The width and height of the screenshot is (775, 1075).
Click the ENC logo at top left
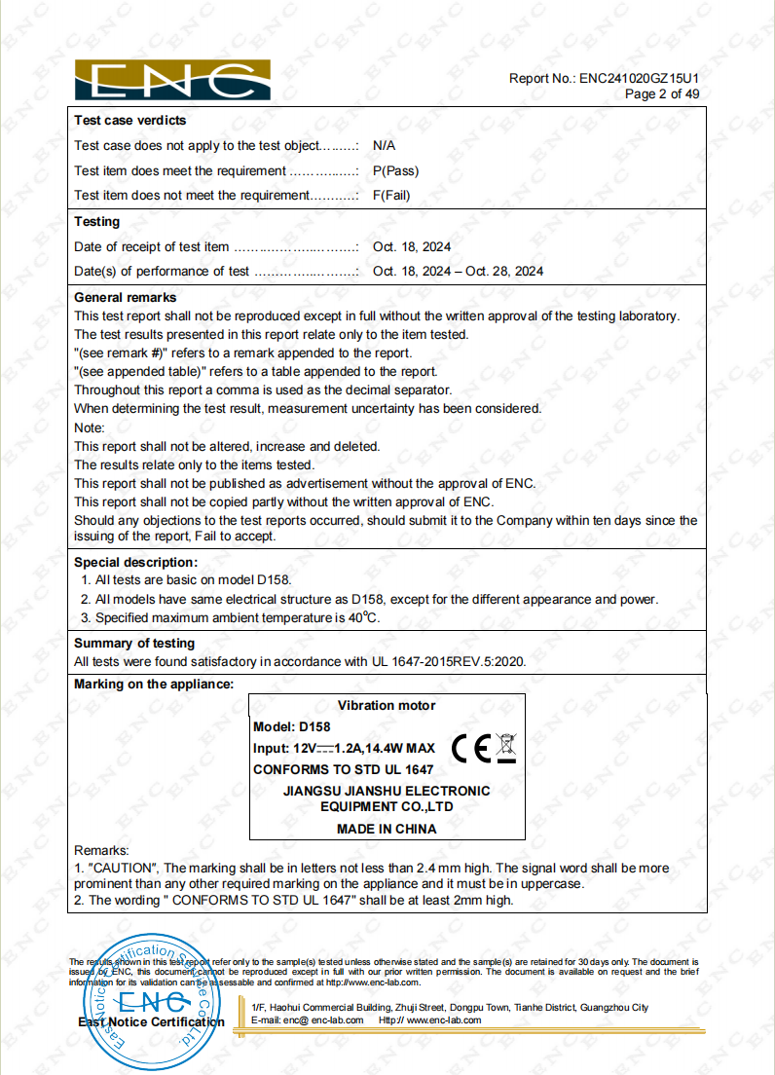[172, 80]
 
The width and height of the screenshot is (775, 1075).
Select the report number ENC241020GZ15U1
[639, 78]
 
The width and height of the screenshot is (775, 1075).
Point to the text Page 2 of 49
[662, 94]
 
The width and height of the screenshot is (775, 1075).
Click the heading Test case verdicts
[129, 121]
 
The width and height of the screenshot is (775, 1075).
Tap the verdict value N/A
[384, 145]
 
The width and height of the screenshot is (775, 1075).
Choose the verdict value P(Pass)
[395, 170]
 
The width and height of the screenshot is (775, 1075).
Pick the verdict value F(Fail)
[391, 195]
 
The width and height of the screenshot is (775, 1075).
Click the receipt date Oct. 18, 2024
[412, 247]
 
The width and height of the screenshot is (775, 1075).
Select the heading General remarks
[126, 297]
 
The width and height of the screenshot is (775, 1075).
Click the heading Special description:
[135, 562]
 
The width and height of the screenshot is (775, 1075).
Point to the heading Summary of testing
[134, 644]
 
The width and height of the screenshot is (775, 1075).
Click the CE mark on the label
[471, 747]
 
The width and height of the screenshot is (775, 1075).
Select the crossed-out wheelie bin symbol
[506, 747]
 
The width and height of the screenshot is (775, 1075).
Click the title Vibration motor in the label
[387, 705]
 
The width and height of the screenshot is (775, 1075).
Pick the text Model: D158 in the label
[291, 727]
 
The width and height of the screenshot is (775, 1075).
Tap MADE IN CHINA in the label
[387, 830]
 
